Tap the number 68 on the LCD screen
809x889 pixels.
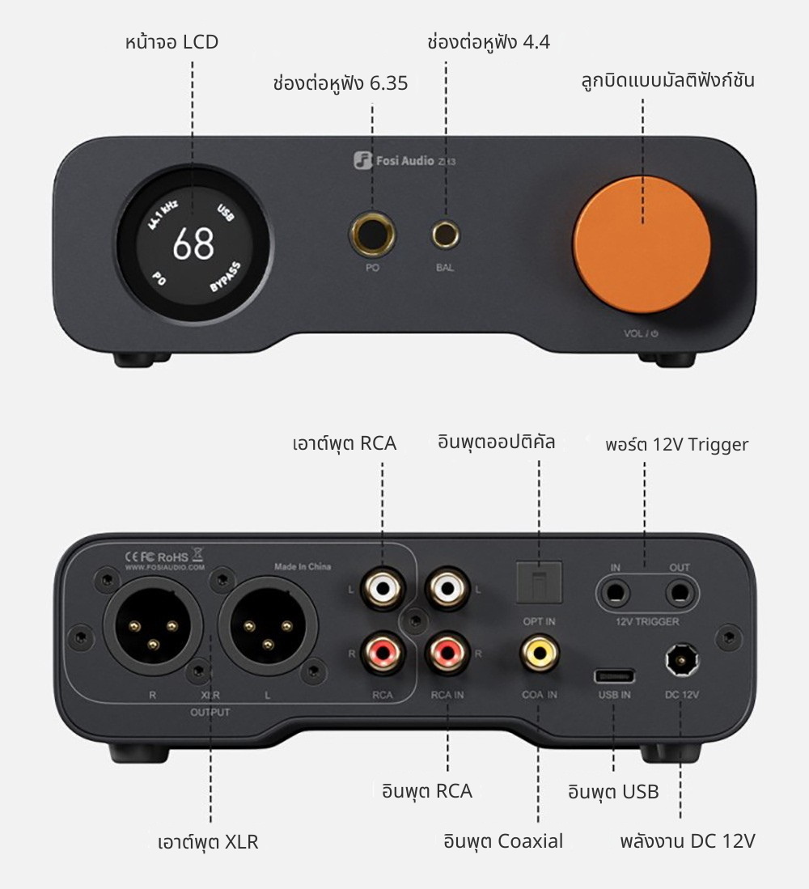(x=193, y=244)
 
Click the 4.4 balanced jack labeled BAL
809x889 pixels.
(x=444, y=235)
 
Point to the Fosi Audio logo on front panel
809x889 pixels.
(x=362, y=160)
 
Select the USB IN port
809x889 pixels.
(x=613, y=675)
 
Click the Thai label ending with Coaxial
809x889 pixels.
(x=502, y=840)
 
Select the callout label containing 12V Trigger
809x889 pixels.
(x=676, y=444)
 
